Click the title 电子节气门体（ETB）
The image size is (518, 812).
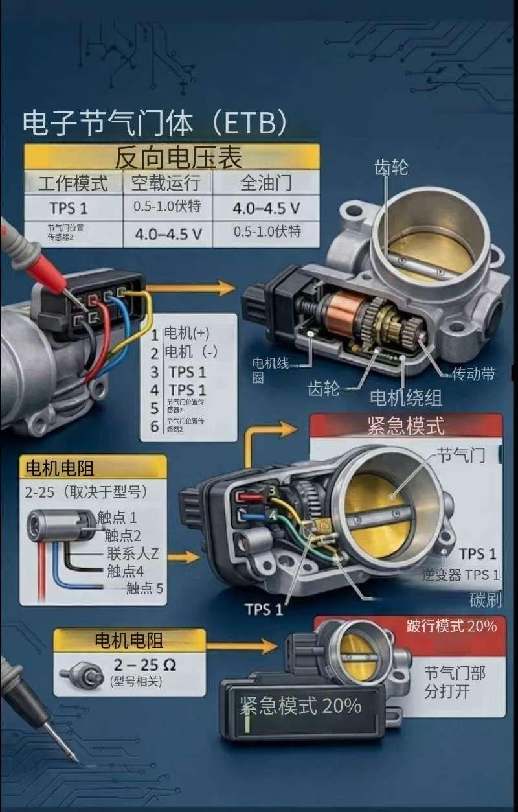pos(154,122)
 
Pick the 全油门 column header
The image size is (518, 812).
pos(265,182)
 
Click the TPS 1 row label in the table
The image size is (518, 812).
pos(68,209)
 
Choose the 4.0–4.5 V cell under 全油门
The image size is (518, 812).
pos(266,209)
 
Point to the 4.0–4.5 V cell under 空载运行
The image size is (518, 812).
pos(168,233)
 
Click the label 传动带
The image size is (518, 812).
pos(473,374)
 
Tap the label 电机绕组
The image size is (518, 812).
pos(406,397)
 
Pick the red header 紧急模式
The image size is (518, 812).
pos(405,426)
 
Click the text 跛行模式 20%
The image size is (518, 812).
pos(451,626)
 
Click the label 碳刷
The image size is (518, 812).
pos(486,599)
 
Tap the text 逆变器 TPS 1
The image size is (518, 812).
pos(460,574)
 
